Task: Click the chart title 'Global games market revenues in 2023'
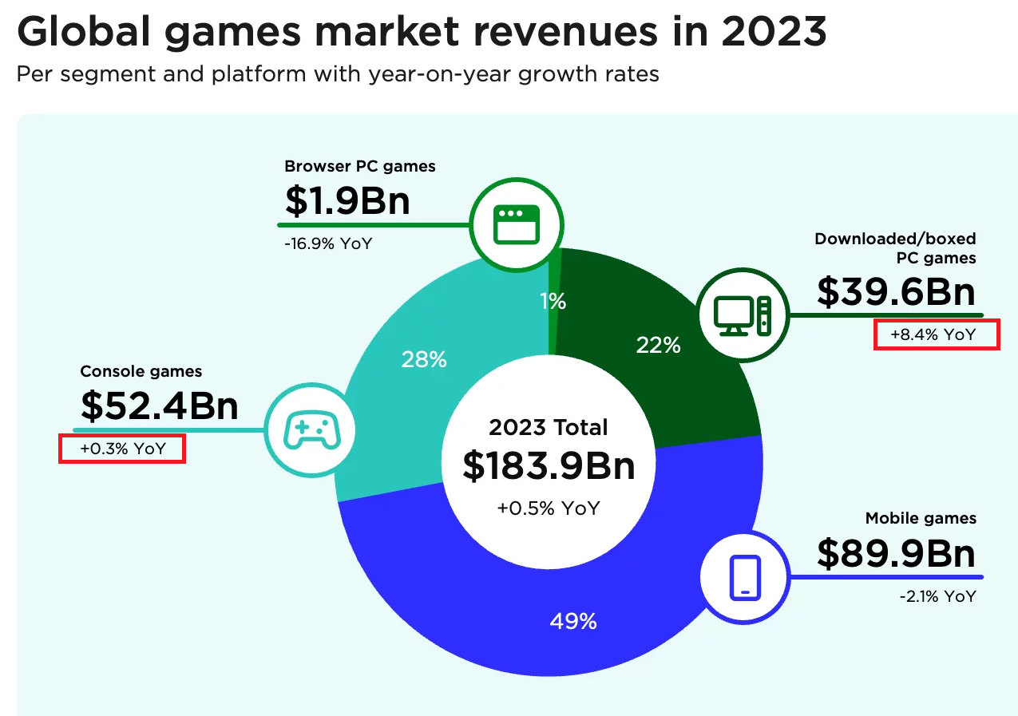click(422, 32)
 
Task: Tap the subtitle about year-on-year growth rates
click(338, 75)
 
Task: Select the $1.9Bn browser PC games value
click(347, 200)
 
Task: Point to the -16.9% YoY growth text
click(327, 243)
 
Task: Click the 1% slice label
click(553, 301)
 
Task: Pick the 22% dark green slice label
click(658, 345)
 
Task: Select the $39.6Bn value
click(896, 291)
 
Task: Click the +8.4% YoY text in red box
click(936, 334)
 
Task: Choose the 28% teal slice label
click(424, 360)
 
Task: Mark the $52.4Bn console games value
click(160, 405)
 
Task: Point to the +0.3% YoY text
click(123, 449)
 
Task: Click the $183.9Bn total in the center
click(549, 467)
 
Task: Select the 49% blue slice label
click(573, 621)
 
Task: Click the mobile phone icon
click(745, 577)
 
